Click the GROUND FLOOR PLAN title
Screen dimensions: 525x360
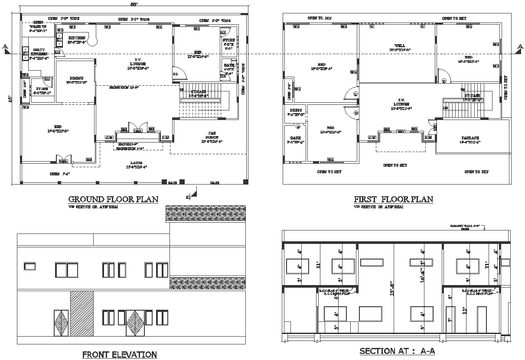[x=113, y=199]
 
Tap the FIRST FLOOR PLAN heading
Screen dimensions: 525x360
[x=393, y=199]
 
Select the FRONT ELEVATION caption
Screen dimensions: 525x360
[x=120, y=354]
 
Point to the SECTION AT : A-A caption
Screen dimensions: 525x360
[x=397, y=351]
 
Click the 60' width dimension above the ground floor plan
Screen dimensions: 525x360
[x=134, y=4]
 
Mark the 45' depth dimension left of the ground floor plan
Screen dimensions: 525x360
[x=9, y=99]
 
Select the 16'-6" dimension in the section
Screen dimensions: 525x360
[x=422, y=278]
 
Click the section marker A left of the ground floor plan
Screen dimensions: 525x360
[x=5, y=48]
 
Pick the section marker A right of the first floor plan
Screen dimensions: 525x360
[x=519, y=48]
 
